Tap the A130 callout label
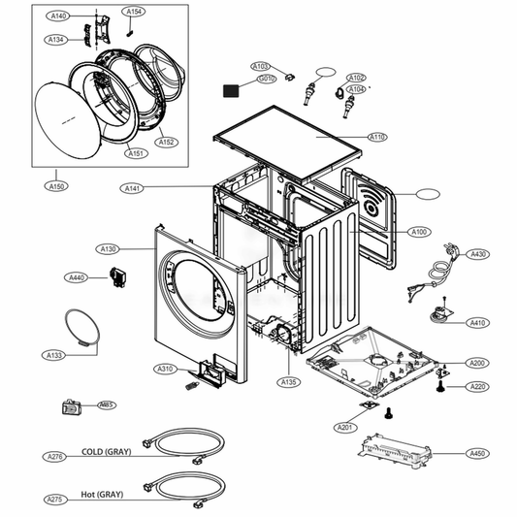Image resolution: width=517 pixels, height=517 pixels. (108, 249)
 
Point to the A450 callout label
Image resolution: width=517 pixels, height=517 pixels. (476, 453)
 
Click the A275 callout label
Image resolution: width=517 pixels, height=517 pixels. (55, 500)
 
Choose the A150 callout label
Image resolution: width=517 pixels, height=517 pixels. (57, 185)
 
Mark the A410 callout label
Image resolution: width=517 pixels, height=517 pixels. (476, 322)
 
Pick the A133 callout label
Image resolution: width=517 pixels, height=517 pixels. (55, 355)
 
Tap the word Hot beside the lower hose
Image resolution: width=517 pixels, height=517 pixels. (90, 494)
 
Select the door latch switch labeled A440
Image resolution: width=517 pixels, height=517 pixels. (120, 278)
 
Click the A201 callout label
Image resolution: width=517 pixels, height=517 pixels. (343, 428)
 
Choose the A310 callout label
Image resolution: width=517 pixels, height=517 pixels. (166, 369)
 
